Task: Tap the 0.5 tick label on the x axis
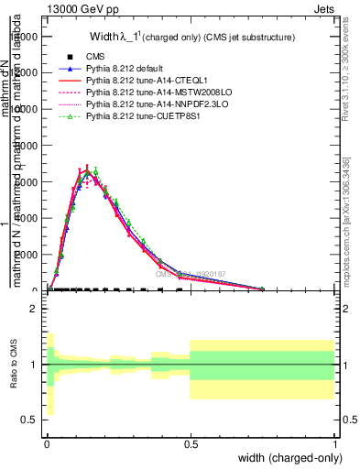tap(190, 443)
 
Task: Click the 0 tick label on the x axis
tap(47, 443)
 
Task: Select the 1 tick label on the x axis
tap(333, 443)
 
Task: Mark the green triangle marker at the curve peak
tap(95, 171)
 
